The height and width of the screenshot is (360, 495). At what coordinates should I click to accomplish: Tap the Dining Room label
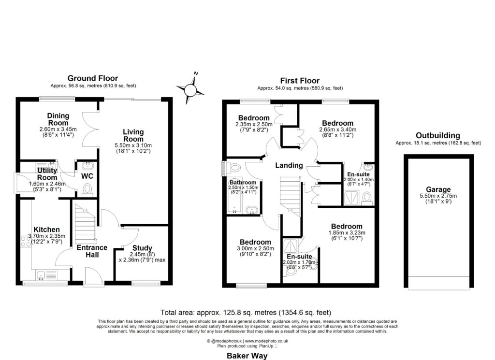click(58, 119)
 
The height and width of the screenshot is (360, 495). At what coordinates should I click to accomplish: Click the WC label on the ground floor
click(87, 176)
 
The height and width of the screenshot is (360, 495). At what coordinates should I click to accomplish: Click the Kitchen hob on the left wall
click(25, 238)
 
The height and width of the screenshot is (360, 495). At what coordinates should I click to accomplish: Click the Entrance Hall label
click(92, 251)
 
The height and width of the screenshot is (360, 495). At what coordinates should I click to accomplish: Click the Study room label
click(142, 248)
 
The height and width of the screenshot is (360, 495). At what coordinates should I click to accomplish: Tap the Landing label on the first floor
click(289, 165)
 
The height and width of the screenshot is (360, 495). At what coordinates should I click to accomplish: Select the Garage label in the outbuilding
click(438, 189)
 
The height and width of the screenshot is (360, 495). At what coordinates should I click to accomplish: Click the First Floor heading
click(300, 81)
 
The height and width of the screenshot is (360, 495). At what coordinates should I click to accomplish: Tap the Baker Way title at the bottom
click(247, 355)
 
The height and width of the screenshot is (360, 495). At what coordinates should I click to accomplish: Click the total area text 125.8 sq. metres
click(247, 312)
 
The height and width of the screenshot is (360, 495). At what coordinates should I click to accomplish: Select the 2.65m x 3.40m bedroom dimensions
click(337, 130)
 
